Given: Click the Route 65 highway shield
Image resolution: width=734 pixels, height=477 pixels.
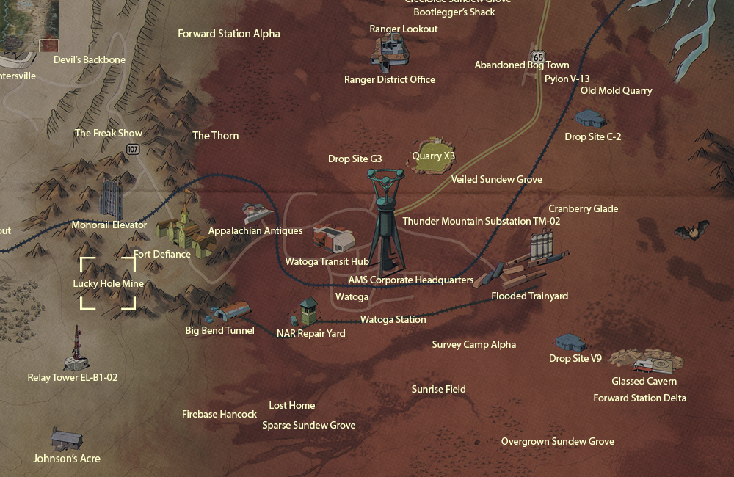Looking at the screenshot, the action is pyautogui.click(x=539, y=57).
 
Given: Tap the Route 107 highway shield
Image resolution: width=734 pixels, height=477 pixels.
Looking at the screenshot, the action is pyautogui.click(x=132, y=149).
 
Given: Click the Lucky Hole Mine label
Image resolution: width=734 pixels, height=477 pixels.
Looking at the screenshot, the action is pyautogui.click(x=108, y=284).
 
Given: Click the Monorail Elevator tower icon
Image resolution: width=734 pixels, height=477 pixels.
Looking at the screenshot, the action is pyautogui.click(x=112, y=196).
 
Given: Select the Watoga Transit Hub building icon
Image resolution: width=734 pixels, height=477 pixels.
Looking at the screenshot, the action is pyautogui.click(x=334, y=238).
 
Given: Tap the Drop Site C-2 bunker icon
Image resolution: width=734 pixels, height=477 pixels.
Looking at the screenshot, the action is pyautogui.click(x=591, y=118).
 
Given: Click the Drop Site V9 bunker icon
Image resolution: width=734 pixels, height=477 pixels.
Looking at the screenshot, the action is pyautogui.click(x=570, y=343).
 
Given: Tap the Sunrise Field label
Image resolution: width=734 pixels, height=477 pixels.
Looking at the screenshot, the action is pyautogui.click(x=438, y=390).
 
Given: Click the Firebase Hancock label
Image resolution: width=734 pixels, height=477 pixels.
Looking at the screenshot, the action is pyautogui.click(x=219, y=415).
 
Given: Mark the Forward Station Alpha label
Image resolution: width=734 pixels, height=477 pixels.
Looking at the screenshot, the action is pyautogui.click(x=229, y=34).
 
